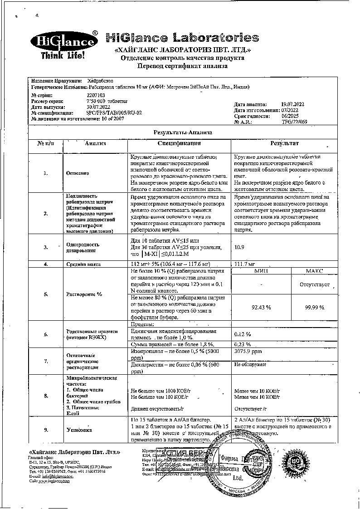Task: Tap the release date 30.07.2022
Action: coord(98,107)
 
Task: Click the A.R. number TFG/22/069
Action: coord(294,122)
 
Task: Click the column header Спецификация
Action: coord(180,143)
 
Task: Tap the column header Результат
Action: coord(284,143)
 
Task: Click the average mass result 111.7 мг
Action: coord(243,264)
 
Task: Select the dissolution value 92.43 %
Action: coord(261,307)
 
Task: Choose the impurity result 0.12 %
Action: coord(243,334)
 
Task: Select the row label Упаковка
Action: coord(79,429)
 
